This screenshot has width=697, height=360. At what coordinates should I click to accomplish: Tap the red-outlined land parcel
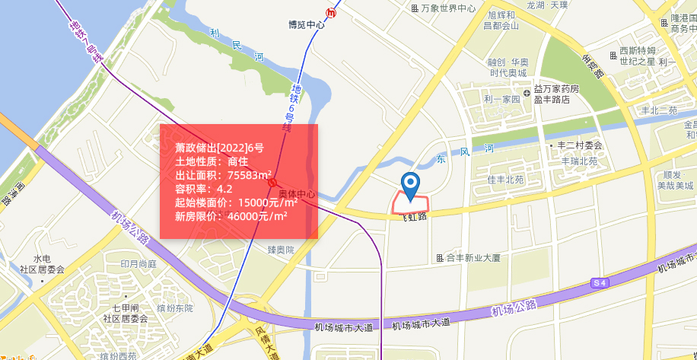click(x=410, y=203)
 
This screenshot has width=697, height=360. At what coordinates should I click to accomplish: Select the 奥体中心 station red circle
click(x=272, y=183)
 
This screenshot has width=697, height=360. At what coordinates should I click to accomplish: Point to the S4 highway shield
click(x=600, y=283)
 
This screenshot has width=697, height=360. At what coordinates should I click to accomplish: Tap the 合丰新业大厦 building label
click(x=469, y=258)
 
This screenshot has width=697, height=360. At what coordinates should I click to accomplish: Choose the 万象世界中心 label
click(x=444, y=8)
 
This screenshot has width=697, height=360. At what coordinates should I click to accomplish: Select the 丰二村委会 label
click(x=576, y=145)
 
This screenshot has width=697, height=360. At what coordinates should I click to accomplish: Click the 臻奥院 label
click(x=281, y=250)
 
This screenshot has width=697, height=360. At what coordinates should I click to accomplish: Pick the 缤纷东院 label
click(x=175, y=308)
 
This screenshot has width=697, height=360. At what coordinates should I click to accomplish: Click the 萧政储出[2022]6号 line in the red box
click(x=219, y=148)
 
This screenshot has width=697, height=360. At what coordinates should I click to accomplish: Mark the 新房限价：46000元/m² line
click(x=231, y=216)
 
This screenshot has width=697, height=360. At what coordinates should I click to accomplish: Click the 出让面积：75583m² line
click(x=224, y=175)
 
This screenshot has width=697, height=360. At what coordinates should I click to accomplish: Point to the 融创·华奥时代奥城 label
click(x=508, y=68)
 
